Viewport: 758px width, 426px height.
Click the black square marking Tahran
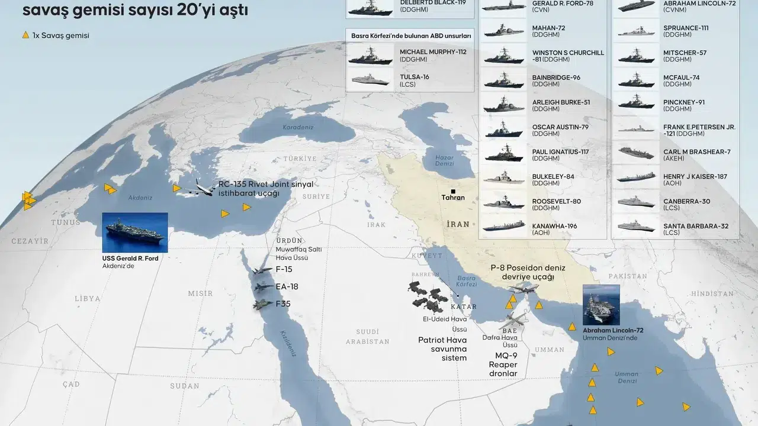coord(453,191)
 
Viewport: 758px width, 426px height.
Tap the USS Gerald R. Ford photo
coord(135,233)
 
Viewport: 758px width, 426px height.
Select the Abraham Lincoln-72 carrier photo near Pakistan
coord(601,305)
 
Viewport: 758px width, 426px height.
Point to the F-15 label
coord(284,269)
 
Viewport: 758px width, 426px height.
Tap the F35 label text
coord(283,304)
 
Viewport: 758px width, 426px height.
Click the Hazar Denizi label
coord(444,161)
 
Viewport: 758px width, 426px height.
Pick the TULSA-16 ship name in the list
coord(415,77)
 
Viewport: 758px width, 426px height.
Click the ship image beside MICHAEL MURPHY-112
coord(371,55)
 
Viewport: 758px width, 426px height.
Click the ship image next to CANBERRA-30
coord(636,202)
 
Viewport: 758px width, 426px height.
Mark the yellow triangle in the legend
coord(25,35)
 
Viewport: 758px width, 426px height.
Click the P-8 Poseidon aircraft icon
coord(523,288)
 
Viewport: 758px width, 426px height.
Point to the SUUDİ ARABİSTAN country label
coord(368,336)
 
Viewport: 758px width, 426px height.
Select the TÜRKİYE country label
coord(300,159)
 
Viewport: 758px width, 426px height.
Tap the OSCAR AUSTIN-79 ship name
coord(560,127)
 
